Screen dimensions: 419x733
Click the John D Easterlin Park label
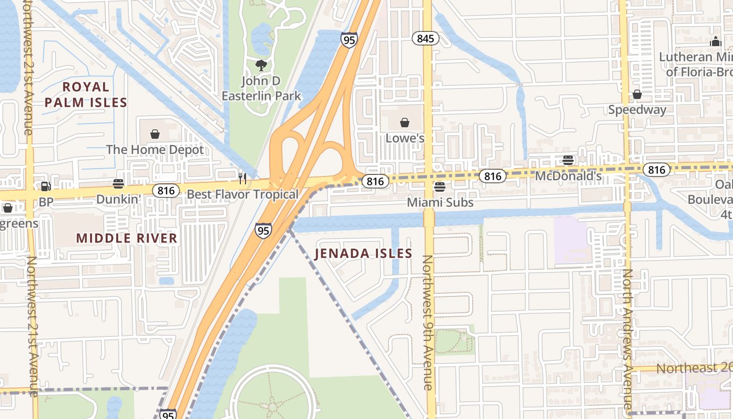[261, 89]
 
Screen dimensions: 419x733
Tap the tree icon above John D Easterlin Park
[261, 65]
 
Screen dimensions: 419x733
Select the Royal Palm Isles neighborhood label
[86, 94]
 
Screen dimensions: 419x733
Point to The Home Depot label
[155, 150]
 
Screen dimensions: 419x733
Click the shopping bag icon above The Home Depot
[155, 135]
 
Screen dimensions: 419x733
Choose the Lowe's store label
[405, 138]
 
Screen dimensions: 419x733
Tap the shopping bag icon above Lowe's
[405, 123]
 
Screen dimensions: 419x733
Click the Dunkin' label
[119, 199]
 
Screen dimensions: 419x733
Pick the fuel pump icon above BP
[46, 186]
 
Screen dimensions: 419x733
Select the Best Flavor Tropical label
[242, 194]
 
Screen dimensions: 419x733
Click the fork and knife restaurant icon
[242, 179]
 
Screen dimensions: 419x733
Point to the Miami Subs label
[440, 202]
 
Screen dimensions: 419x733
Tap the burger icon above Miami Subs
[440, 187]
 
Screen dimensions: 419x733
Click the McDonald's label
[568, 176]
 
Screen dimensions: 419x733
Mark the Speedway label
[637, 109]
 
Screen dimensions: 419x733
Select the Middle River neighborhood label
[127, 238]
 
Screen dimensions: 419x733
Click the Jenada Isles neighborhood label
[363, 254]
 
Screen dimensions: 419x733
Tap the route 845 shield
[425, 38]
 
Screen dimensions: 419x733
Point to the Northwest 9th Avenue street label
[428, 323]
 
